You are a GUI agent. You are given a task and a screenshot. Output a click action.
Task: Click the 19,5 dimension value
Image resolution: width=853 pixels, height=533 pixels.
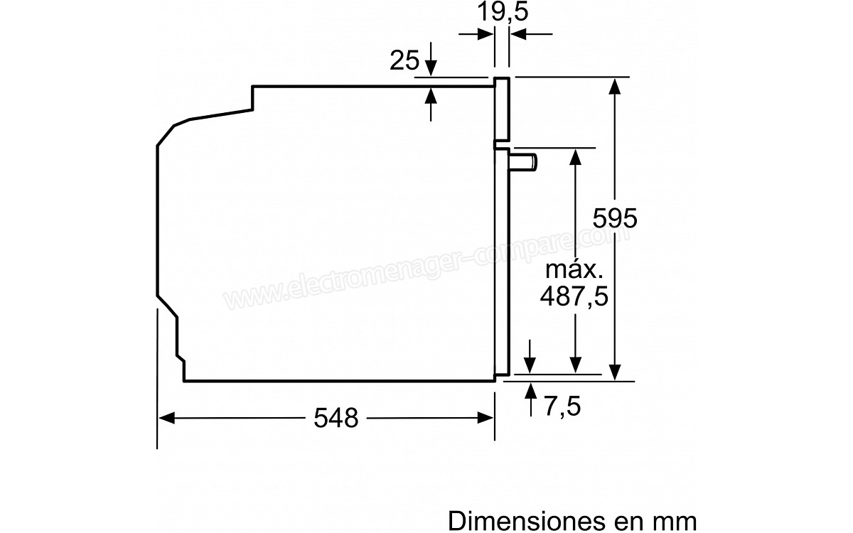pyautogui.click(x=503, y=11)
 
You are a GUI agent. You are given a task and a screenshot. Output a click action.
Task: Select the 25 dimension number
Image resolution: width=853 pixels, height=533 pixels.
pyautogui.click(x=404, y=60)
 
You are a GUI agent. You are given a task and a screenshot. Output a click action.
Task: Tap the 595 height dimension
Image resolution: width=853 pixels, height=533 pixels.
pyautogui.click(x=615, y=218)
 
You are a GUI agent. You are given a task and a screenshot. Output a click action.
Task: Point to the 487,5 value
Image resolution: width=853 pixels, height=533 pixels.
pyautogui.click(x=574, y=296)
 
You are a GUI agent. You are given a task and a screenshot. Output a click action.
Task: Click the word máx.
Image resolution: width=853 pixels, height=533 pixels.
pyautogui.click(x=574, y=269)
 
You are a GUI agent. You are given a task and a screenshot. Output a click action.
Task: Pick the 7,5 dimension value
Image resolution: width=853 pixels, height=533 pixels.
pyautogui.click(x=562, y=407)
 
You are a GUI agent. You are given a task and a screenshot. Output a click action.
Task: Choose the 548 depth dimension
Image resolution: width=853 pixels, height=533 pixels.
pyautogui.click(x=336, y=418)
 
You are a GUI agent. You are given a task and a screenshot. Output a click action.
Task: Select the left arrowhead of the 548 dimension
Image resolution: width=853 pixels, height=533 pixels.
pyautogui.click(x=166, y=418)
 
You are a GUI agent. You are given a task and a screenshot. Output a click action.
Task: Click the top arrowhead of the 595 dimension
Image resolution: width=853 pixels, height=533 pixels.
pyautogui.click(x=615, y=86)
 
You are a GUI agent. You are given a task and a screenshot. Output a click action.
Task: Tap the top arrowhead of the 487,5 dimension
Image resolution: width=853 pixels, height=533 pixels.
pyautogui.click(x=575, y=157)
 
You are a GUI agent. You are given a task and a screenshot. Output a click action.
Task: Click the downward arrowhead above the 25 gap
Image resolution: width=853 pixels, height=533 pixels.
pyautogui.click(x=431, y=68)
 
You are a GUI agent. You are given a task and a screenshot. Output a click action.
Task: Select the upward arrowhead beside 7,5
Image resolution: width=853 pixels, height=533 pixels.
pyautogui.click(x=530, y=391)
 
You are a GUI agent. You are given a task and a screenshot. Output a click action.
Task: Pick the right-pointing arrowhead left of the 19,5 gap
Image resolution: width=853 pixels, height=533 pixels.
pyautogui.click(x=485, y=34)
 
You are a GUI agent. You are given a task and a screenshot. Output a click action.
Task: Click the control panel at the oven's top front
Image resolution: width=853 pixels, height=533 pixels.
pyautogui.click(x=502, y=109)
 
